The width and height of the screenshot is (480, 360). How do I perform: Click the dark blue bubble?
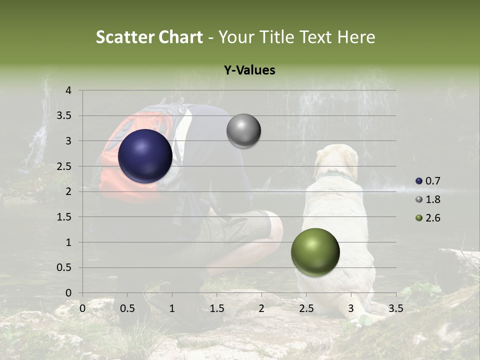click(x=145, y=156)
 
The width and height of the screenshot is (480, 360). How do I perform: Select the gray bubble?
click(x=243, y=131)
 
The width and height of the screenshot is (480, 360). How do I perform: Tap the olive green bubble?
click(x=315, y=252)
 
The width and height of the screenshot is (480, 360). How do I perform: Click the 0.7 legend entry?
click(x=428, y=181)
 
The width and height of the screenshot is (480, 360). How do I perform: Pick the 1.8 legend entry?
click(x=428, y=199)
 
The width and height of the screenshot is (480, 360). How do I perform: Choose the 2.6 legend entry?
click(x=428, y=218)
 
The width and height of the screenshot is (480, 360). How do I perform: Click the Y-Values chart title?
click(x=249, y=70)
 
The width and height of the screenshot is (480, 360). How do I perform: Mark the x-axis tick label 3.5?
click(x=395, y=308)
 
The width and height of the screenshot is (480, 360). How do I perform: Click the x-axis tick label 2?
click(x=261, y=308)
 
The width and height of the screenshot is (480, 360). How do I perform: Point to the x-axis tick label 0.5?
click(x=127, y=308)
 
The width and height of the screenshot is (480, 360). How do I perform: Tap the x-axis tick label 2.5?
click(x=306, y=308)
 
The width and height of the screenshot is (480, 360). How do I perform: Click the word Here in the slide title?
click(x=356, y=37)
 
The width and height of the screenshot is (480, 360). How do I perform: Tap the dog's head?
click(x=337, y=160)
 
